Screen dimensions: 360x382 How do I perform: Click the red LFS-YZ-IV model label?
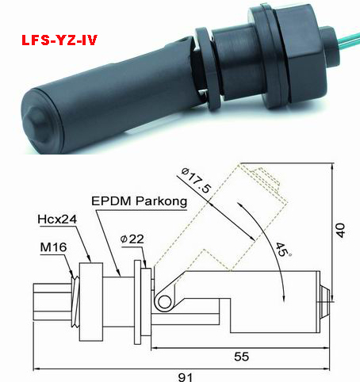59,40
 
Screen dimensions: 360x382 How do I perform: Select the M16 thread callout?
54,247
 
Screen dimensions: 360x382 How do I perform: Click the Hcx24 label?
57,220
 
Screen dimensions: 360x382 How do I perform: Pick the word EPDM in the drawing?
111,201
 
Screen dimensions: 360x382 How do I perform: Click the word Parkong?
162,201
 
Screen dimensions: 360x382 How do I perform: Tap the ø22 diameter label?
132,239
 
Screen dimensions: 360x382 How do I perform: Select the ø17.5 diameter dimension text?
197,180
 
